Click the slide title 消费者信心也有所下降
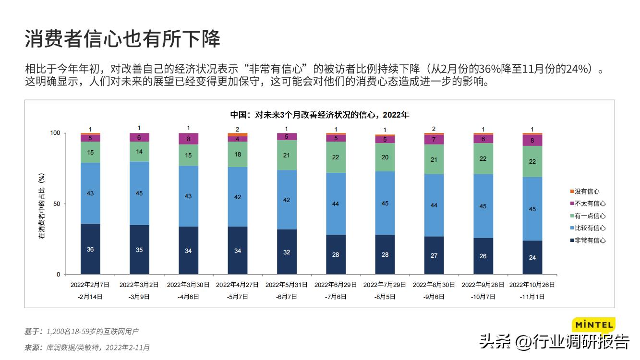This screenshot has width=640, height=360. tap(122, 39)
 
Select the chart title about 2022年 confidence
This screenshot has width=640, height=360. tap(319, 115)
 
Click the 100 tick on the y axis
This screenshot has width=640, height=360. tap(55, 133)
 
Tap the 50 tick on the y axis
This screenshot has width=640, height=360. tap(57, 204)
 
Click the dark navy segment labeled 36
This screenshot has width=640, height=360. tap(90, 249)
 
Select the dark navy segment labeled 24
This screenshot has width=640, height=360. tap(532, 257)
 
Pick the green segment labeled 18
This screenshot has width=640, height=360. tap(238, 155)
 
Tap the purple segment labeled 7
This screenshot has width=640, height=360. tap(434, 140)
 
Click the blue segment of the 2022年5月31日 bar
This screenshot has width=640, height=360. tap(287, 200)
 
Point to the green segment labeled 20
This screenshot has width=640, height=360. tap(385, 157)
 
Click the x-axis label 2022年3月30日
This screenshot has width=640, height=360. tap(188, 285)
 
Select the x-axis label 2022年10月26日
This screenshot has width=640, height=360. tap(532, 285)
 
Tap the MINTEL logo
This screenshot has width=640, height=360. tap(593, 325)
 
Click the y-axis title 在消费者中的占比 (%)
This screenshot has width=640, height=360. tap(42, 206)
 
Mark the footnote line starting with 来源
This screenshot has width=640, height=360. tap(87, 347)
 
